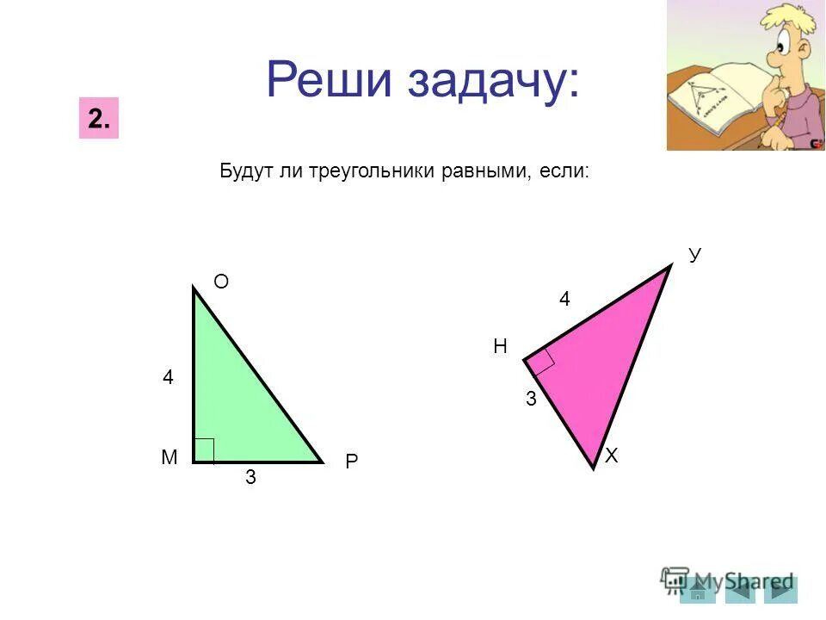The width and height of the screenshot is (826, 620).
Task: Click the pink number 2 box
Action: (x=98, y=120)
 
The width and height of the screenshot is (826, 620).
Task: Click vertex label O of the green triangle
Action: (x=221, y=282)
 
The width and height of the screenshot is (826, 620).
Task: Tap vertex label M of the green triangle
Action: (x=169, y=458)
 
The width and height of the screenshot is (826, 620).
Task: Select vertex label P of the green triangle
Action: (x=351, y=462)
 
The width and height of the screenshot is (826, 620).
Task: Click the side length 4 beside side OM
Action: (x=169, y=377)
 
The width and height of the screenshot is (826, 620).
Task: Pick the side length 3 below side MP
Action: (x=250, y=477)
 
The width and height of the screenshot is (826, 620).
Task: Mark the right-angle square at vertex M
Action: (x=204, y=450)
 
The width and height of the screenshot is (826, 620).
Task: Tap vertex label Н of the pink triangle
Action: (x=500, y=347)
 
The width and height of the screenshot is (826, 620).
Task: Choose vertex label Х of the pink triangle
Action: (x=612, y=456)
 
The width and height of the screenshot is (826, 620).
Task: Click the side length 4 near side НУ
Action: (x=564, y=299)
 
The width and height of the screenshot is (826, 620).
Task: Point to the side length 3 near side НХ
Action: (x=532, y=399)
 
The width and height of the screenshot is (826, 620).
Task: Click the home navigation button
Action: (x=698, y=590)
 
